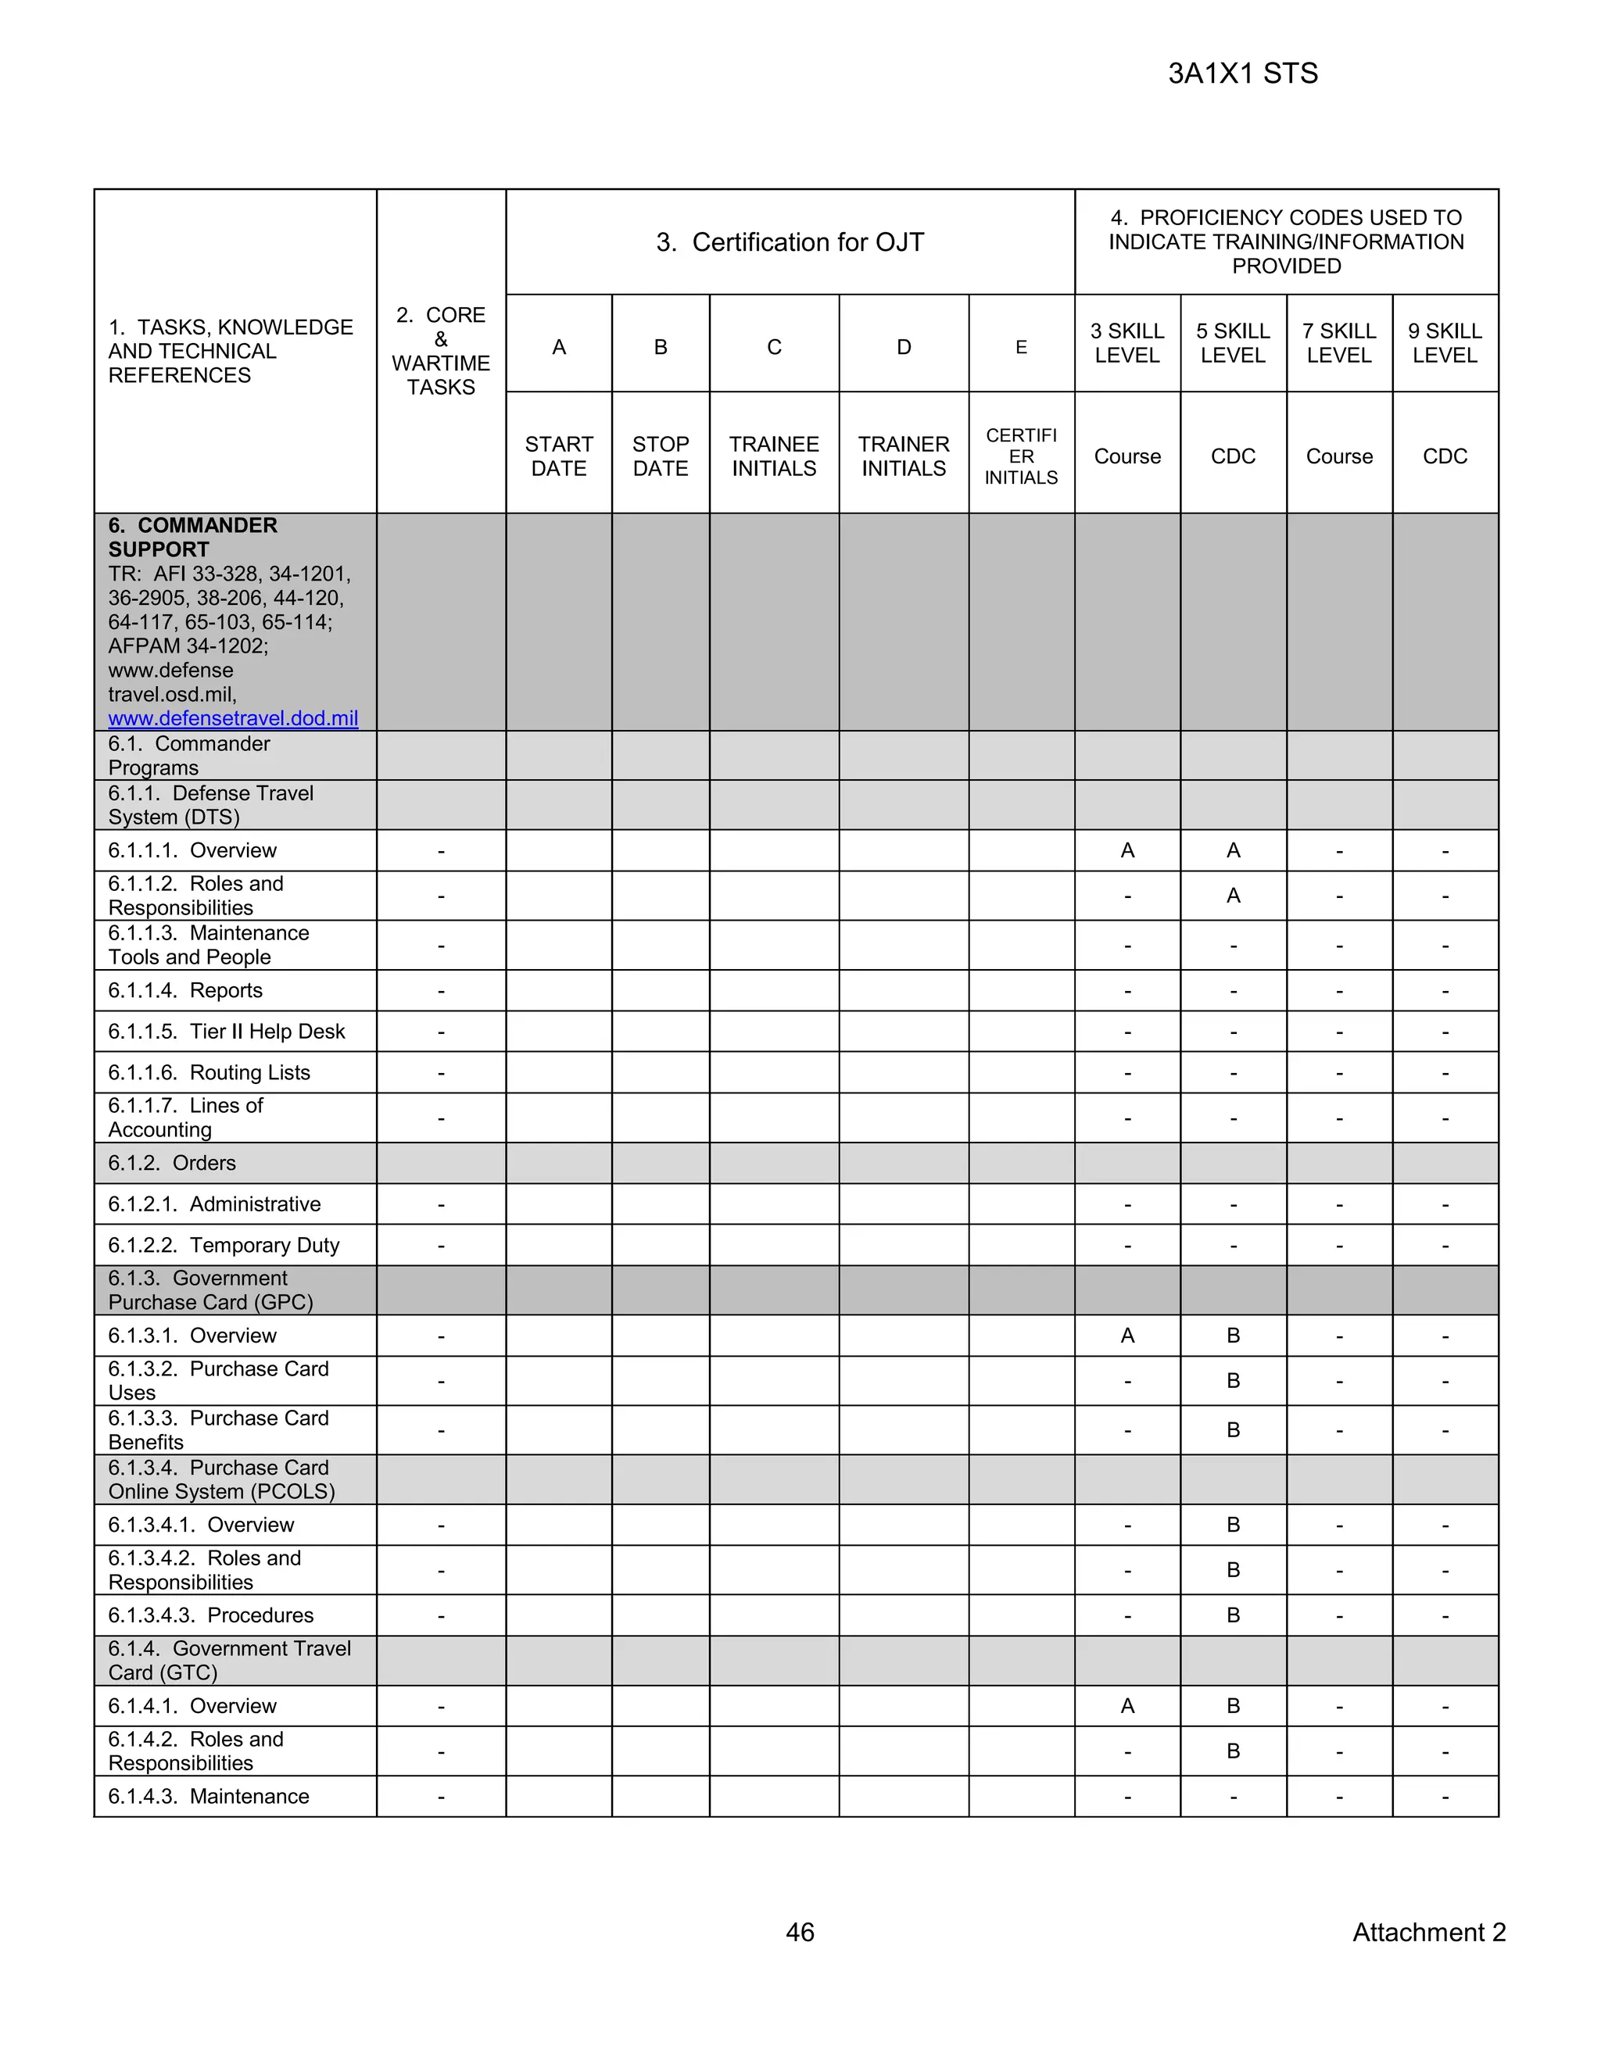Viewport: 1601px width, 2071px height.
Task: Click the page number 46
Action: [800, 1932]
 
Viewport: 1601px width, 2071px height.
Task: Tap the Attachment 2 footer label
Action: [1428, 1932]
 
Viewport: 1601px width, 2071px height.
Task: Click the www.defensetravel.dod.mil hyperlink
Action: [232, 718]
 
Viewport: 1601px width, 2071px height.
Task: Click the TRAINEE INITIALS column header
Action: [774, 456]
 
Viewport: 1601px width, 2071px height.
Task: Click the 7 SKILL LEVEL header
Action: [1338, 342]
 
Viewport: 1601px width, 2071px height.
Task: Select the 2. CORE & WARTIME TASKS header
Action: [440, 351]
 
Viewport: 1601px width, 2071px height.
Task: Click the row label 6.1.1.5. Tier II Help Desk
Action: [226, 1031]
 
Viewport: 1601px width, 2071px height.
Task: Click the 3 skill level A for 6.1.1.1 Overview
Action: [1126, 850]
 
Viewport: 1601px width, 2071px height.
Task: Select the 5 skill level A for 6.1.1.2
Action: [1233, 895]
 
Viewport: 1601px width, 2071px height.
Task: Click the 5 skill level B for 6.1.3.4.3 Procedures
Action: [1233, 1615]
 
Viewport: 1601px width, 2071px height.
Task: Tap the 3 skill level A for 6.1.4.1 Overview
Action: [1126, 1706]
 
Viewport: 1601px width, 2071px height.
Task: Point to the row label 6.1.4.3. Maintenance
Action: [208, 1796]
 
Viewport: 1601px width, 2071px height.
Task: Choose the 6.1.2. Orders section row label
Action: [172, 1163]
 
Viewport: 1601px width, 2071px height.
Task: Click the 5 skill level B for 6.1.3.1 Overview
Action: [1233, 1335]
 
